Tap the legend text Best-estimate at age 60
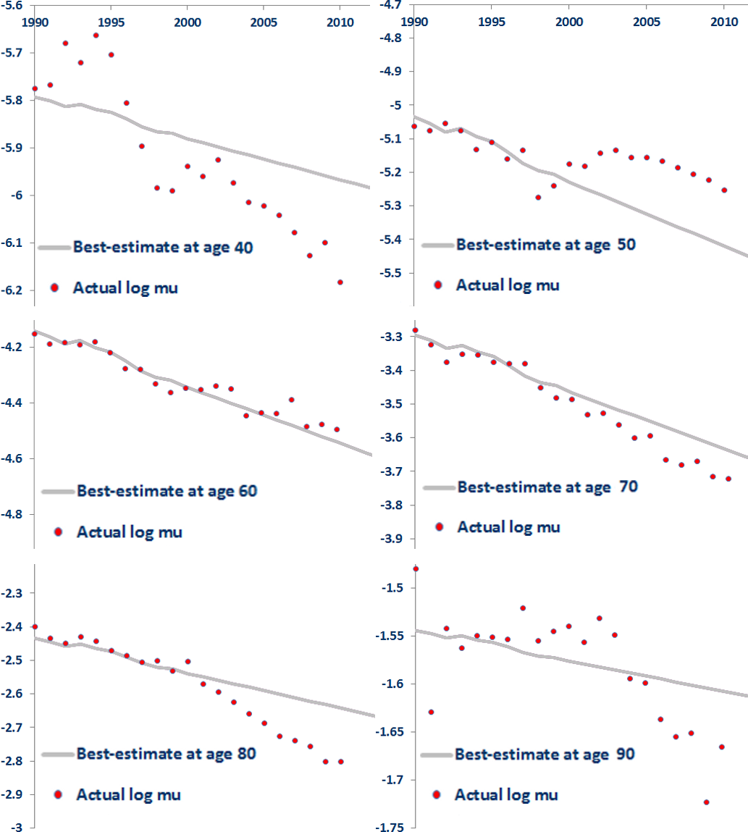pyautogui.click(x=167, y=491)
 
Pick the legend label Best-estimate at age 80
pyautogui.click(x=167, y=753)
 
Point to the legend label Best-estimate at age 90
pyautogui.click(x=545, y=754)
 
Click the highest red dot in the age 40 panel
pyautogui.click(x=96, y=35)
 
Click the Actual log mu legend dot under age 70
pyautogui.click(x=439, y=526)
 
